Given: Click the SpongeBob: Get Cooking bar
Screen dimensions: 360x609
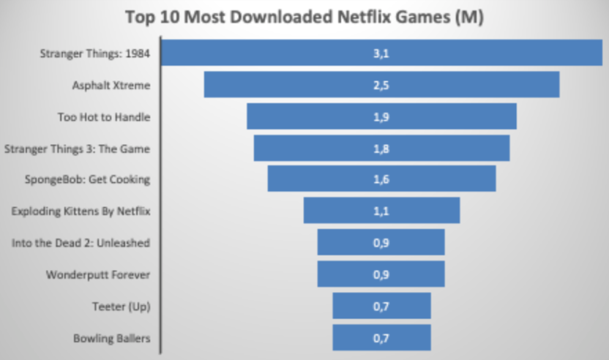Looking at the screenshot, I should click(x=439, y=179).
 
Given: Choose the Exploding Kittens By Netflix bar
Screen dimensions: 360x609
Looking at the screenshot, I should click(x=425, y=211).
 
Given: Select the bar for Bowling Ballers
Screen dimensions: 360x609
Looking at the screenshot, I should click(x=410, y=337).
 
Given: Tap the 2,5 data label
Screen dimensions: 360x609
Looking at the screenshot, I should click(x=381, y=85).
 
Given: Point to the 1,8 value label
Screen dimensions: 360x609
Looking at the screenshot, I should click(x=381, y=148).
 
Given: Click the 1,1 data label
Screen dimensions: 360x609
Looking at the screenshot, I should click(x=381, y=211).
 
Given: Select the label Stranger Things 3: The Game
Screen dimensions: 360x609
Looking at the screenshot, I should click(x=77, y=149).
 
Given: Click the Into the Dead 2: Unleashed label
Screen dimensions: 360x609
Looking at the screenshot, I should click(x=81, y=243).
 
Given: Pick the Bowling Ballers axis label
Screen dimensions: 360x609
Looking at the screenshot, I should click(x=111, y=338).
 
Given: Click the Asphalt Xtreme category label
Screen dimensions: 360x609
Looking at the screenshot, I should click(x=111, y=86).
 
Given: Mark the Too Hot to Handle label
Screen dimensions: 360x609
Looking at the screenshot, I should click(x=103, y=117).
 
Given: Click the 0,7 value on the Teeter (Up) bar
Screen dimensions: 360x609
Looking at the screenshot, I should click(x=381, y=306).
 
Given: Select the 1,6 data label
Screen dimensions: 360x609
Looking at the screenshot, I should click(x=381, y=179).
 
